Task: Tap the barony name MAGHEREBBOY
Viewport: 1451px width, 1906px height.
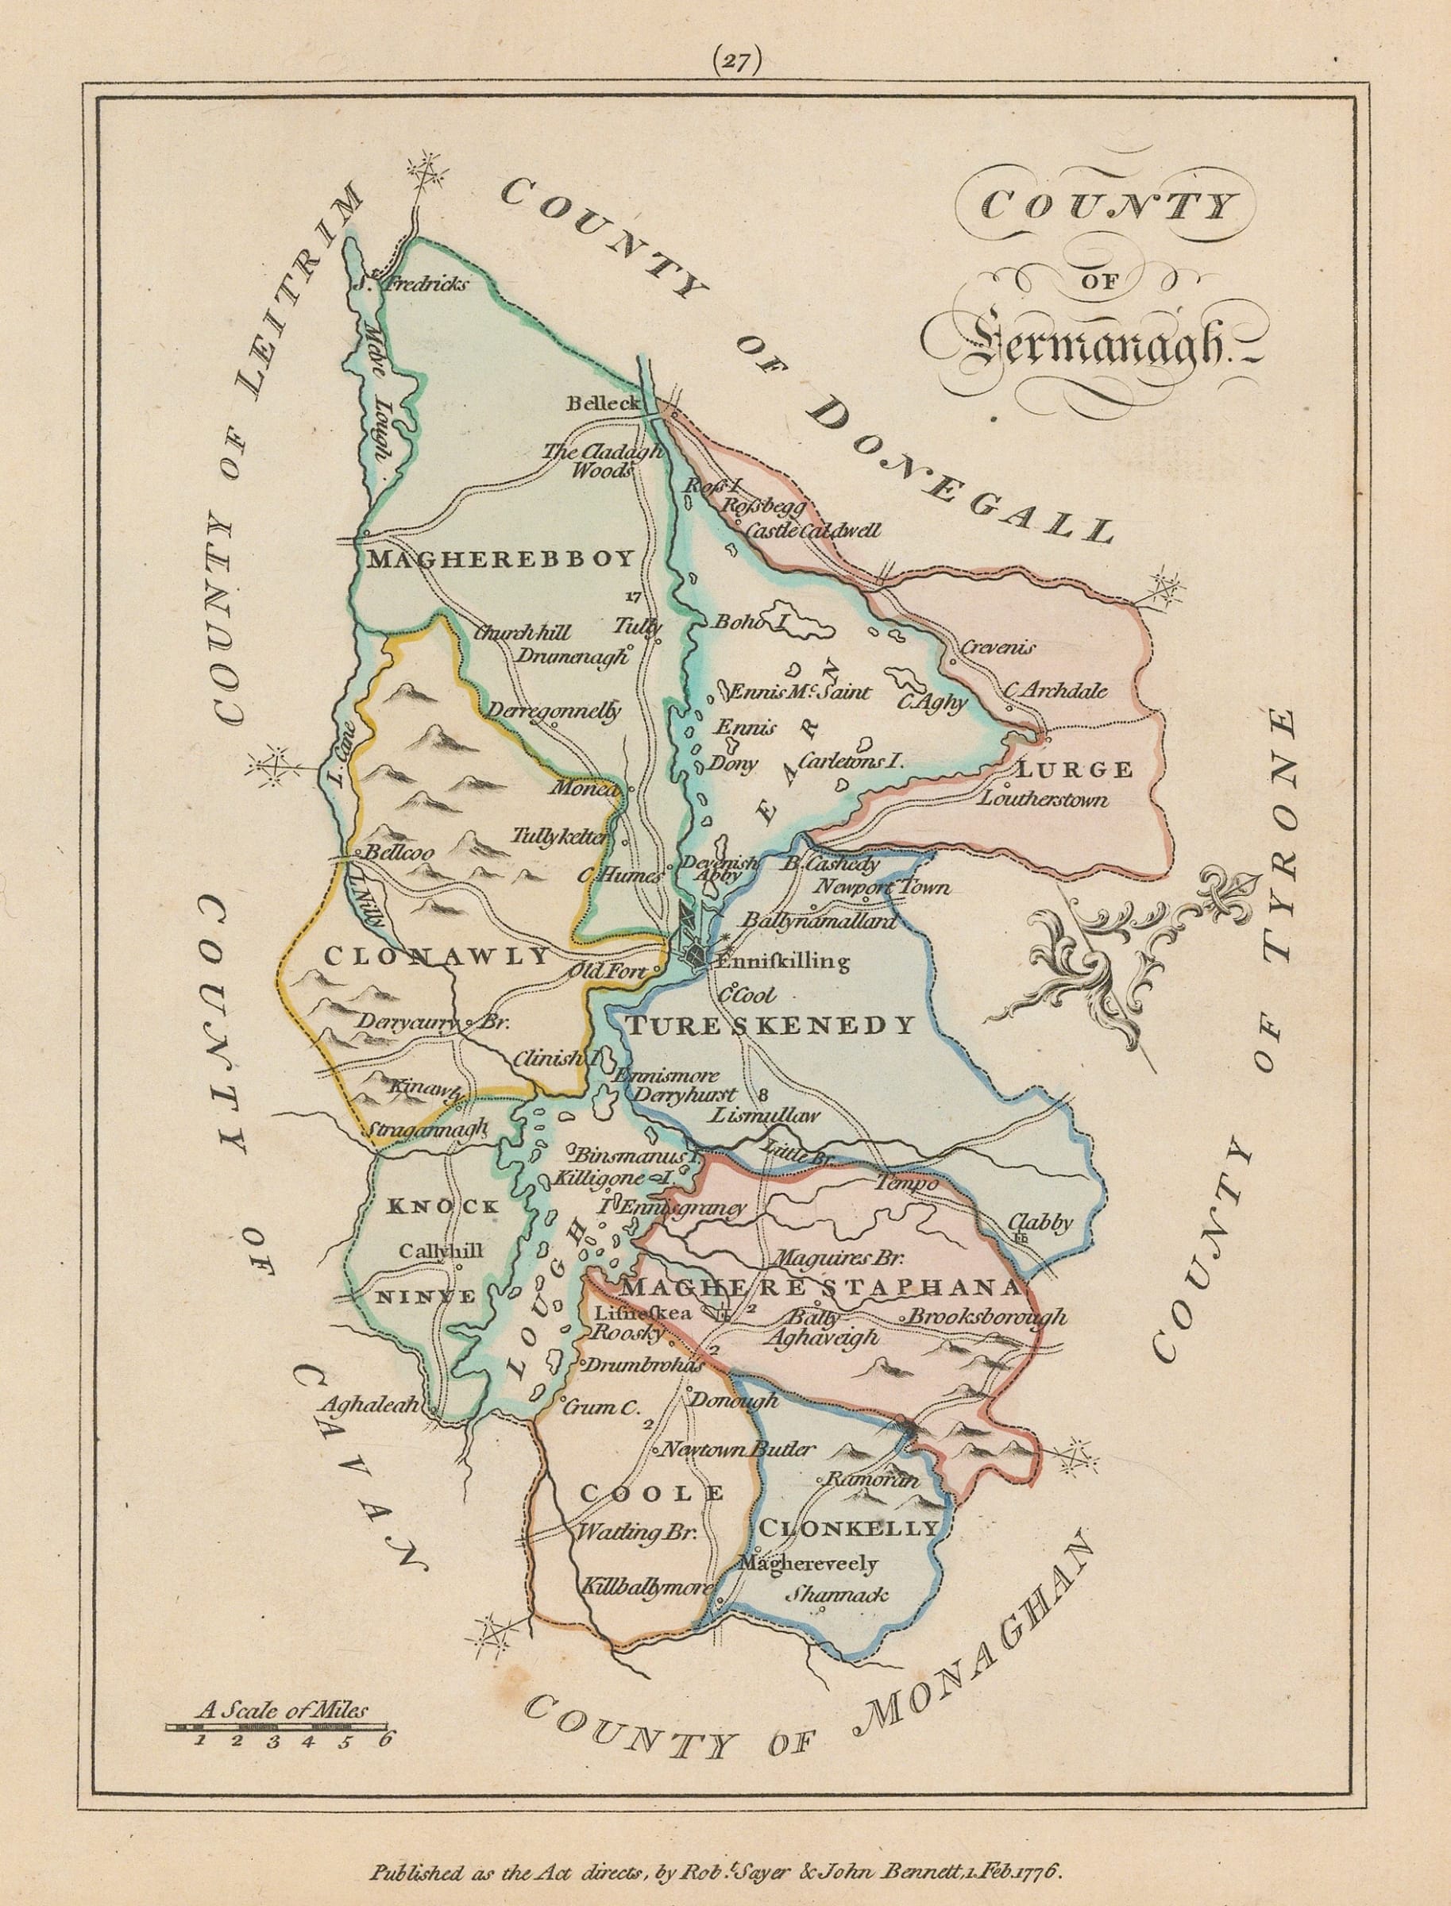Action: tap(500, 559)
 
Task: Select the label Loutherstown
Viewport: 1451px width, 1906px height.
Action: tap(1044, 799)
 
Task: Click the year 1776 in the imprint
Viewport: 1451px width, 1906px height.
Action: tap(1047, 1873)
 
